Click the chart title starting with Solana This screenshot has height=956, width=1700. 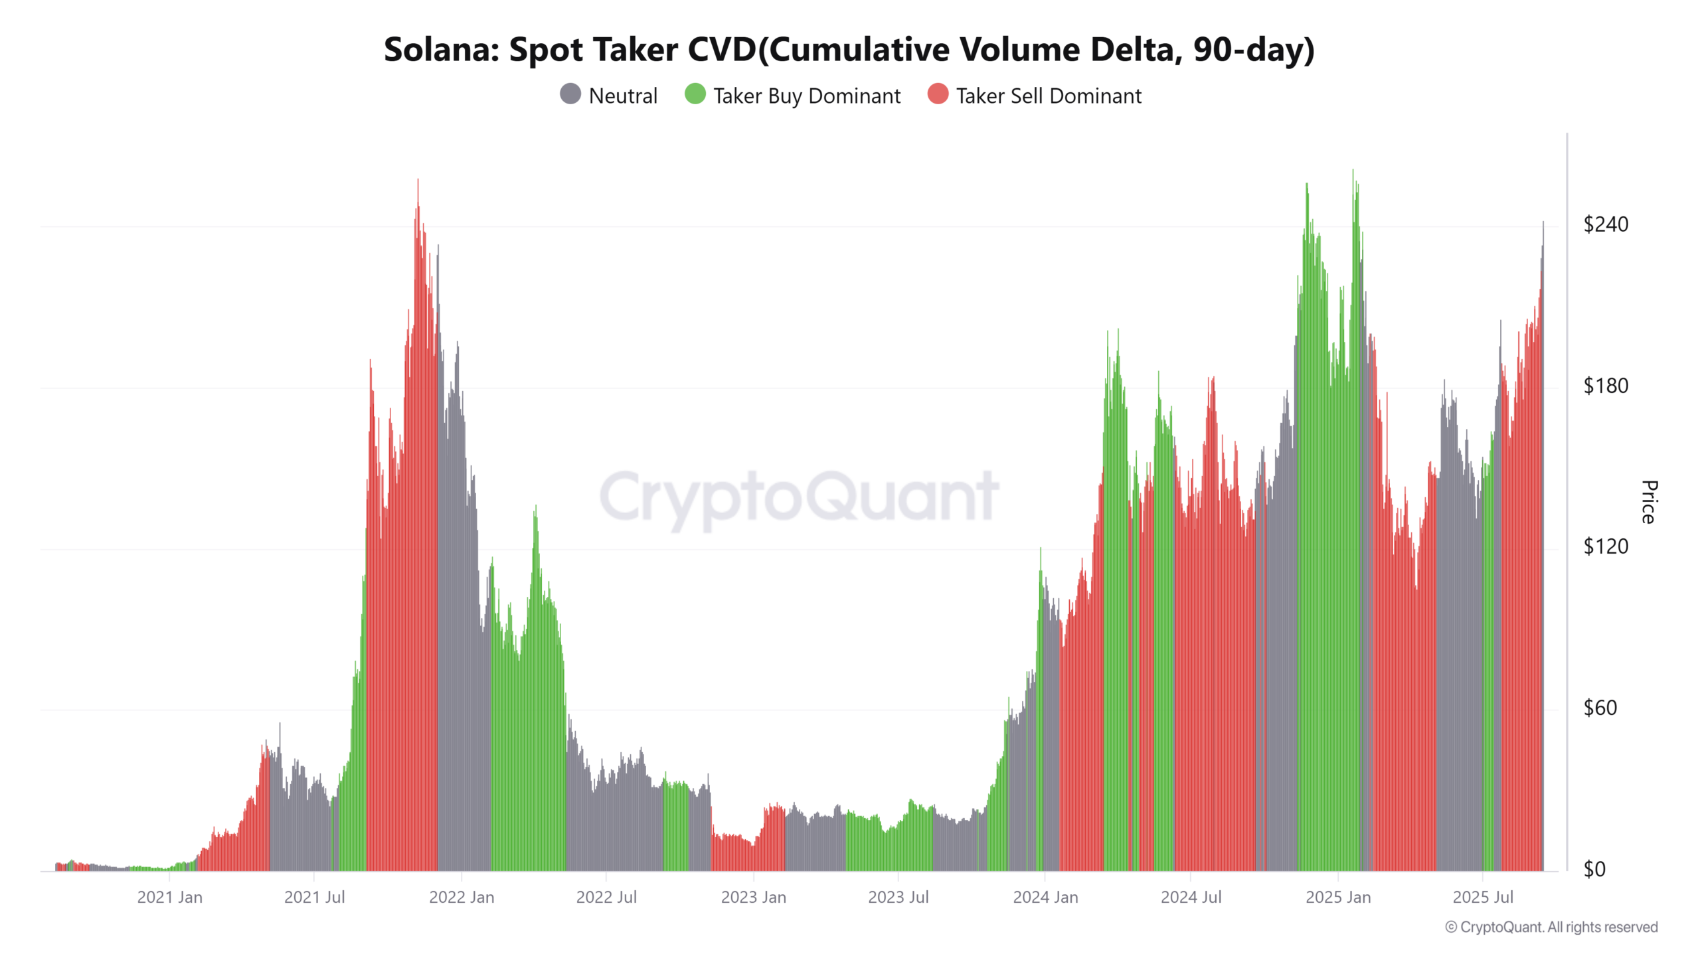849,50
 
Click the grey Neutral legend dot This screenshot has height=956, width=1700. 570,94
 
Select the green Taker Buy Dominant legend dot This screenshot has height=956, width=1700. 695,94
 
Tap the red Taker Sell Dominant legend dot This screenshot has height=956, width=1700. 938,94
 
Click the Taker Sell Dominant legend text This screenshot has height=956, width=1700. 1049,96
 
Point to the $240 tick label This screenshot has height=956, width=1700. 1605,224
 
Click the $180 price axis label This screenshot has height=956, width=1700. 1605,386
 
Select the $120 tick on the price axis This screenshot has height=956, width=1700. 1605,546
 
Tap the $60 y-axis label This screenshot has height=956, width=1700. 1600,708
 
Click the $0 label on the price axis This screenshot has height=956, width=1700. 1594,869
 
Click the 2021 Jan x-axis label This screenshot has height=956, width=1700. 169,898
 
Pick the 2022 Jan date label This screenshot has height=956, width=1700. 462,898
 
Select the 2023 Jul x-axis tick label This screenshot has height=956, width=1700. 898,898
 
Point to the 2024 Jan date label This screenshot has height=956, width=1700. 1045,898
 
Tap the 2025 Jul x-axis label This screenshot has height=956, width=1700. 1483,898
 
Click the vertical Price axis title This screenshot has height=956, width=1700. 1648,502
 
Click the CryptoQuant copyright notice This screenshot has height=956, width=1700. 1551,927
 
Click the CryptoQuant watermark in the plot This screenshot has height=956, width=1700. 799,497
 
